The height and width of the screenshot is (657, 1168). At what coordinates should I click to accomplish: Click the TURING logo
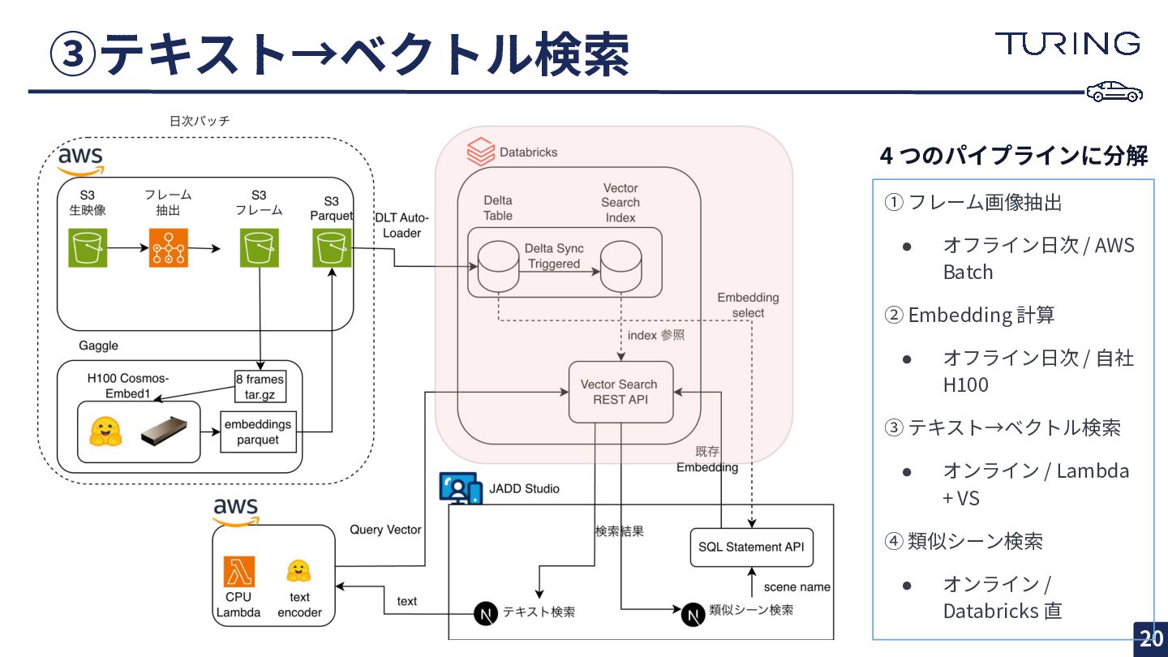pyautogui.click(x=1067, y=44)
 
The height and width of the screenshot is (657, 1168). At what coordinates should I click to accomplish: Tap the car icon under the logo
pyautogui.click(x=1114, y=92)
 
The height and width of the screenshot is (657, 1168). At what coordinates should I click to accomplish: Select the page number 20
pyautogui.click(x=1151, y=638)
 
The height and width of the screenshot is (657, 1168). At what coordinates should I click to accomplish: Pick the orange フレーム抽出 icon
pyautogui.click(x=168, y=247)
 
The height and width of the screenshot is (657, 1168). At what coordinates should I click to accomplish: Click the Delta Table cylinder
pyautogui.click(x=497, y=264)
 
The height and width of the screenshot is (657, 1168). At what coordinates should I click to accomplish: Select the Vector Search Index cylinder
pyautogui.click(x=620, y=264)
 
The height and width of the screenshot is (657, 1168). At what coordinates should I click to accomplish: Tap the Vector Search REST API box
pyautogui.click(x=620, y=392)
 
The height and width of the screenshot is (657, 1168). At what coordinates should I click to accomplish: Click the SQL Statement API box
pyautogui.click(x=751, y=547)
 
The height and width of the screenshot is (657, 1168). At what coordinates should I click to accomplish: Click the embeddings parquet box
pyautogui.click(x=258, y=432)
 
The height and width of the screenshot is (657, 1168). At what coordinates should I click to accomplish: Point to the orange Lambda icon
pyautogui.click(x=238, y=572)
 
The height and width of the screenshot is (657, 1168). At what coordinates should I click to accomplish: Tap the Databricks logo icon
pyautogui.click(x=481, y=152)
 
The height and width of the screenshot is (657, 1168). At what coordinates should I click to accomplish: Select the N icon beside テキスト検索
pyautogui.click(x=485, y=613)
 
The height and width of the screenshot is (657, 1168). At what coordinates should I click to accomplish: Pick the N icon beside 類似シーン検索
pyautogui.click(x=692, y=613)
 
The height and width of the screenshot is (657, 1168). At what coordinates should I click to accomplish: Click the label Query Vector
pyautogui.click(x=385, y=530)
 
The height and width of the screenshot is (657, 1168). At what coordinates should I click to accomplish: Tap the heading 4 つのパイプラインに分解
pyautogui.click(x=1014, y=155)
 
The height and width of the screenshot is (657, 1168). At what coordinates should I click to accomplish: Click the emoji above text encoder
pyautogui.click(x=299, y=572)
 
